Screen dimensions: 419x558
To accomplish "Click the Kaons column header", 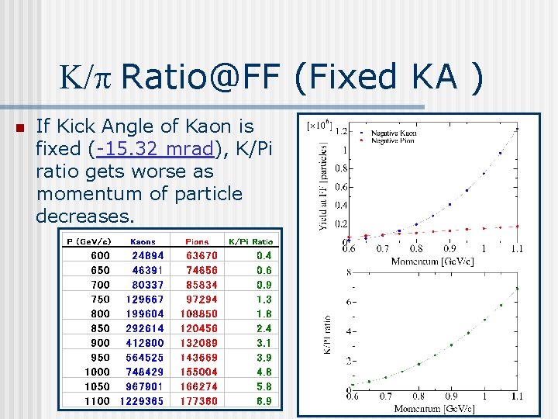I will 143,241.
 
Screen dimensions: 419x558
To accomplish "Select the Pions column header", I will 197,241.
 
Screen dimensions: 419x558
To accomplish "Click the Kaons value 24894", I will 147,255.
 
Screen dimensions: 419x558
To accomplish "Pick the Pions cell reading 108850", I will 199,313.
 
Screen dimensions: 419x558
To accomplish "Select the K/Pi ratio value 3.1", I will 264,343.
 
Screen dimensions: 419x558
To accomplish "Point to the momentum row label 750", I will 100,299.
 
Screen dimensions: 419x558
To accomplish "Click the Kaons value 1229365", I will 142,401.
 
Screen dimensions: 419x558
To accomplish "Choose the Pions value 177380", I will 199,401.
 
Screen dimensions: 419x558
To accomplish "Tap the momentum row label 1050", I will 98,386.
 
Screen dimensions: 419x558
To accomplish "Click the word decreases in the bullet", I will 84,216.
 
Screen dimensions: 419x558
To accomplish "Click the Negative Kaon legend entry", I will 392,133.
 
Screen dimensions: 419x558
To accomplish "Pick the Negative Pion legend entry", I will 392,141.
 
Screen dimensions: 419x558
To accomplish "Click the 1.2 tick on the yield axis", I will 340,131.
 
